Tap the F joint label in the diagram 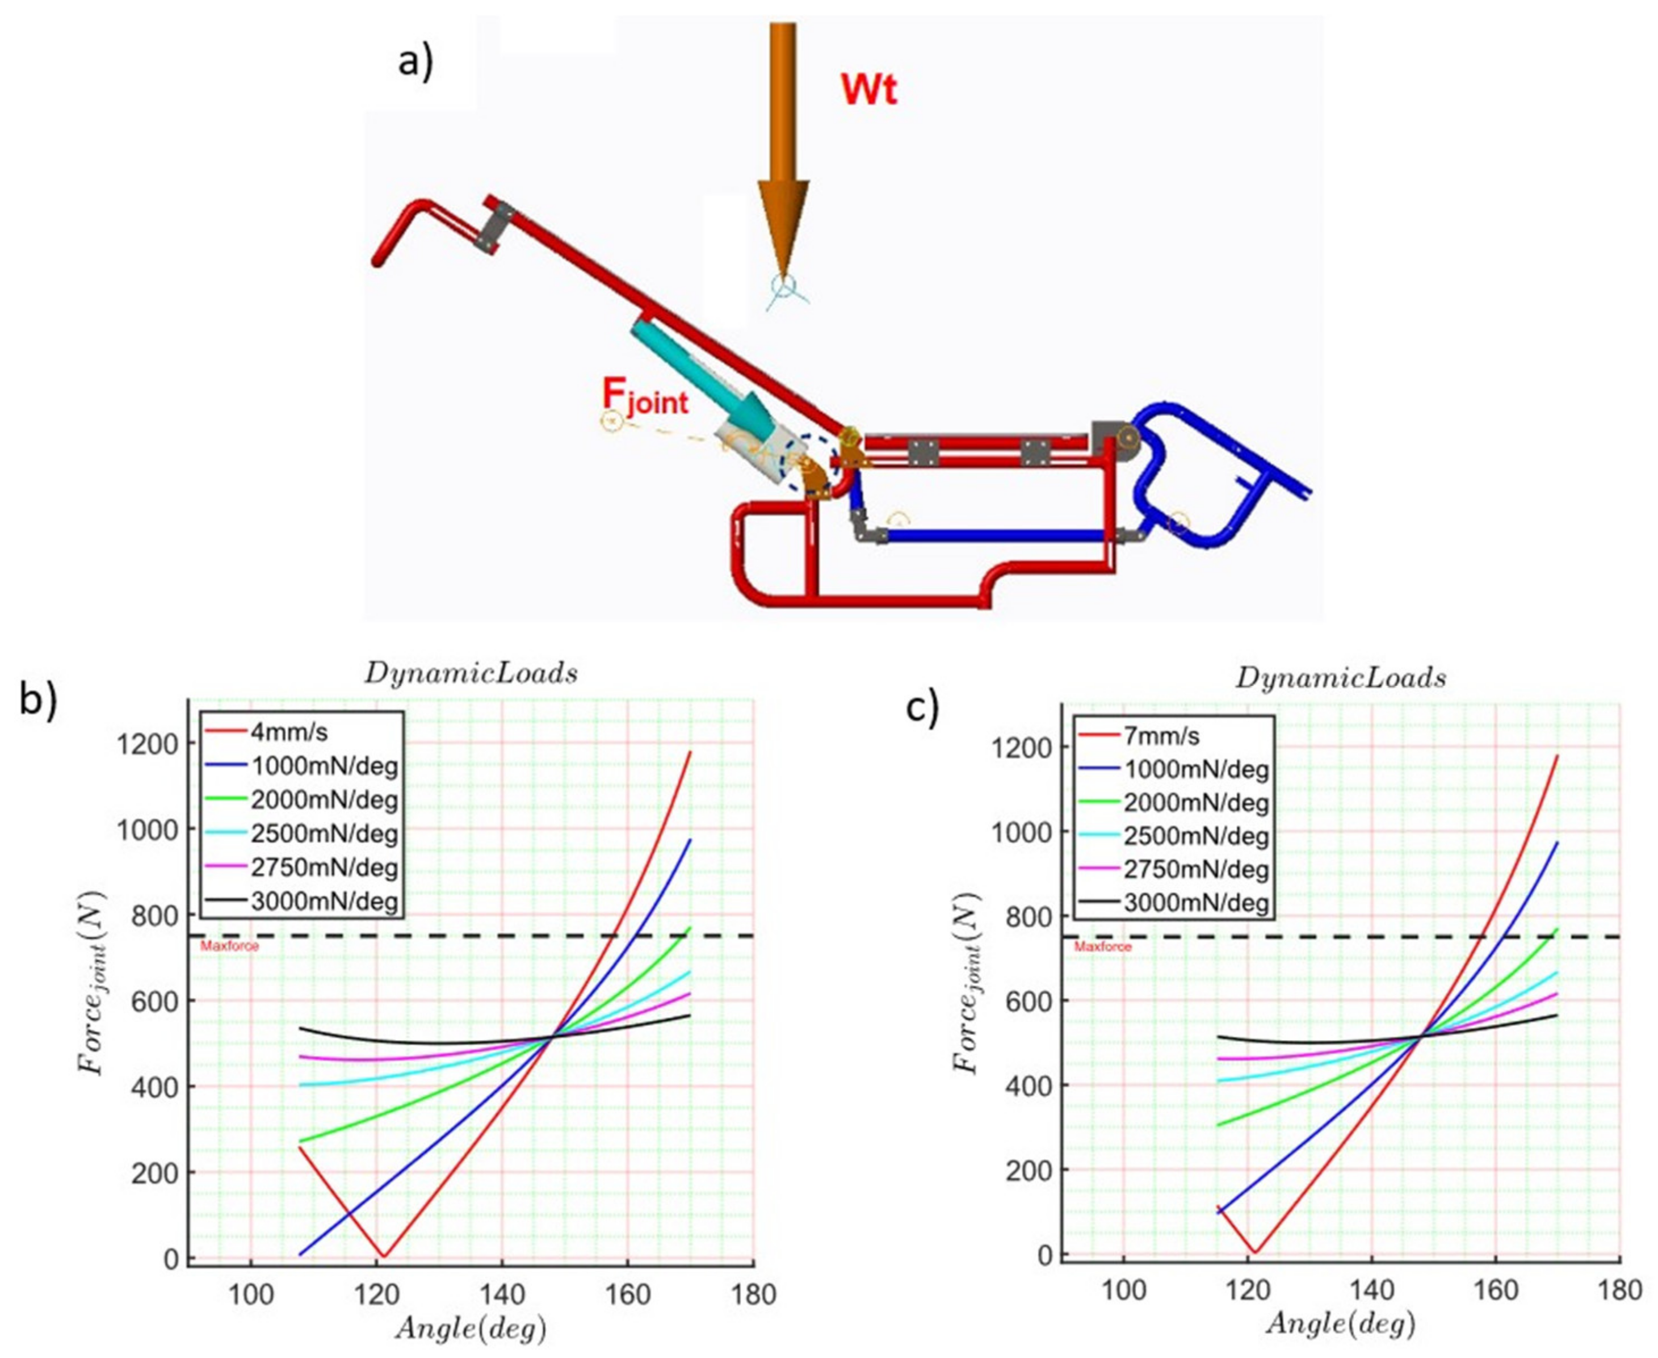click(646, 398)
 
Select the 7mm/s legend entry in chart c click(1161, 736)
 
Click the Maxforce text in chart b click(229, 946)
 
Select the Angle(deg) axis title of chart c click(1341, 1323)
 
